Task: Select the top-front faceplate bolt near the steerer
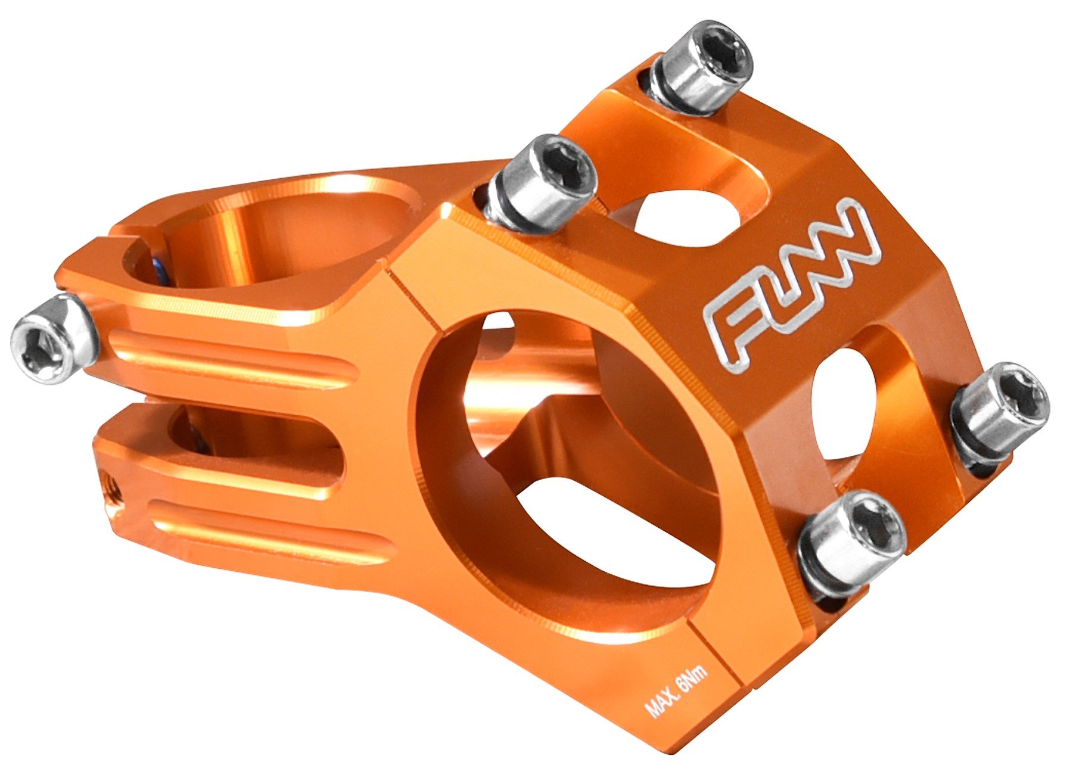coord(545,182)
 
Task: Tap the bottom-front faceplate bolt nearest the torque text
coord(852,542)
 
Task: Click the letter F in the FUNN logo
coord(733,328)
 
